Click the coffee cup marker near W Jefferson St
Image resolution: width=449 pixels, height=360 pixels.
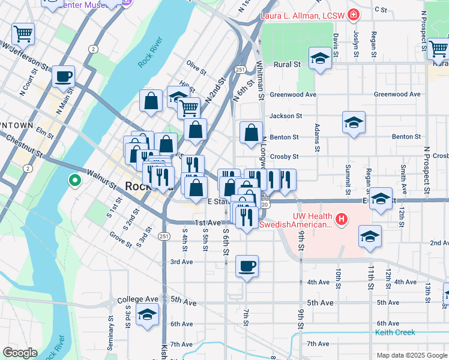point(63,77)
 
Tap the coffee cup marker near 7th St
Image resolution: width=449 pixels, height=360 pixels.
point(247,266)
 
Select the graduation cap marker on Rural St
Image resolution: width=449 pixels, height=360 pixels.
point(321,59)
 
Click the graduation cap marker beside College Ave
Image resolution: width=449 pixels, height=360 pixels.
point(147,314)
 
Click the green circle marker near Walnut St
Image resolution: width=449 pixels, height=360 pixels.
point(74,179)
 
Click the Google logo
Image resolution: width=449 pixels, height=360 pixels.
point(20,353)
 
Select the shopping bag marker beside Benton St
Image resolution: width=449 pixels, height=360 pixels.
point(251,133)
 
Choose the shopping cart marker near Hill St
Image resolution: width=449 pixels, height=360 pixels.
point(189,109)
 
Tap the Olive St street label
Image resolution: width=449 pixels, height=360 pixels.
point(196,65)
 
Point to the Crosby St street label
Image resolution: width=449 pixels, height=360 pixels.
point(284,156)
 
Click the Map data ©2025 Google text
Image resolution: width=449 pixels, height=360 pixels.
point(411,355)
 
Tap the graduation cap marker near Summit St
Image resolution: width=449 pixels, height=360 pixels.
point(354,123)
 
